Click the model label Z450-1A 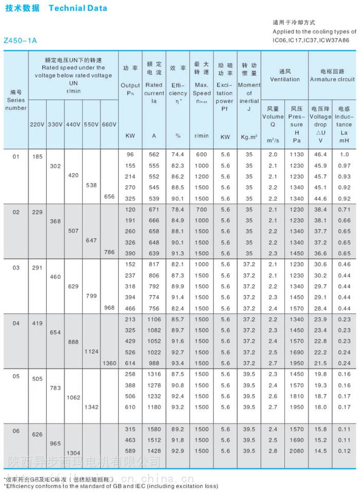click(x=20, y=40)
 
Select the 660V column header click(x=110, y=125)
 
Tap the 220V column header click(x=38, y=125)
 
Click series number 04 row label click(x=16, y=323)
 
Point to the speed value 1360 click(x=110, y=363)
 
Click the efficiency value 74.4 click(x=178, y=154)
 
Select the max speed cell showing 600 click(x=202, y=154)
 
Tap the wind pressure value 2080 click(x=297, y=451)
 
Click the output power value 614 click(x=130, y=363)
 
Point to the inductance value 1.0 click(x=344, y=154)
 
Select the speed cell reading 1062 click(x=74, y=397)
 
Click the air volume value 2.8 click(x=273, y=451)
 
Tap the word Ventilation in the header click(x=285, y=79)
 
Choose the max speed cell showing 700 click(x=202, y=209)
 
